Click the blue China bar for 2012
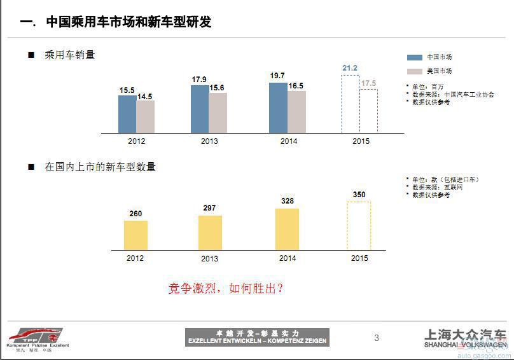[127, 114]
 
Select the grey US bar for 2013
[218, 113]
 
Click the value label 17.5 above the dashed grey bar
[368, 83]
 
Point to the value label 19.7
[277, 76]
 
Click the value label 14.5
[145, 97]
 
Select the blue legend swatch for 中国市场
[414, 57]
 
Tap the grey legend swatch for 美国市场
[414, 71]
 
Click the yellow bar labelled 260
[135, 235]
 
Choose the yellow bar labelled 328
[287, 229]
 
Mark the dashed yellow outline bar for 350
[359, 226]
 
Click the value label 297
[210, 207]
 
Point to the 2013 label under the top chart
[209, 141]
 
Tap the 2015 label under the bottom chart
[359, 258]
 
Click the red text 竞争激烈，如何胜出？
[225, 288]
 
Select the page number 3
[377, 338]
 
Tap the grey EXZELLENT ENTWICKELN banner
[257, 337]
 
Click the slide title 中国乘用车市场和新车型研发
[128, 22]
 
